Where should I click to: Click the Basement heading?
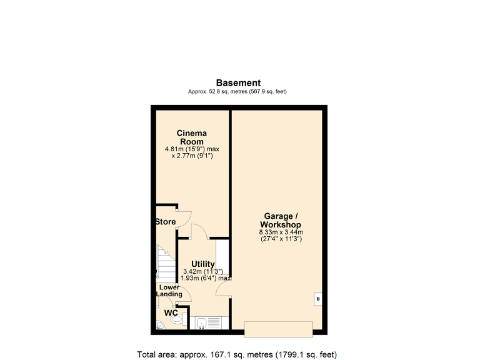point(238,82)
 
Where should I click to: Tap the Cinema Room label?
point(192,137)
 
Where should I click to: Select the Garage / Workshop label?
point(281,221)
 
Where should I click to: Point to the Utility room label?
point(203,264)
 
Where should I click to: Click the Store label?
point(166,222)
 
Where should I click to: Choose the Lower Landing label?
point(169,291)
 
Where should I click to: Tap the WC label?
point(171,312)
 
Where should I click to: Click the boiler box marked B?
point(317,300)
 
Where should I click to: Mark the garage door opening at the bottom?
point(278,329)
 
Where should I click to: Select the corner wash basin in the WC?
point(161,324)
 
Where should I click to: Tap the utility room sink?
point(202,323)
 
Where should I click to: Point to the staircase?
point(166,262)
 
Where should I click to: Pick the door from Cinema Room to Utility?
point(199,231)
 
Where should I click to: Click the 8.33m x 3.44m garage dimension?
point(281,232)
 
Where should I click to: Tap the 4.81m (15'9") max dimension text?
point(192,149)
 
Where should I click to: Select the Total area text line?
point(239,354)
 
